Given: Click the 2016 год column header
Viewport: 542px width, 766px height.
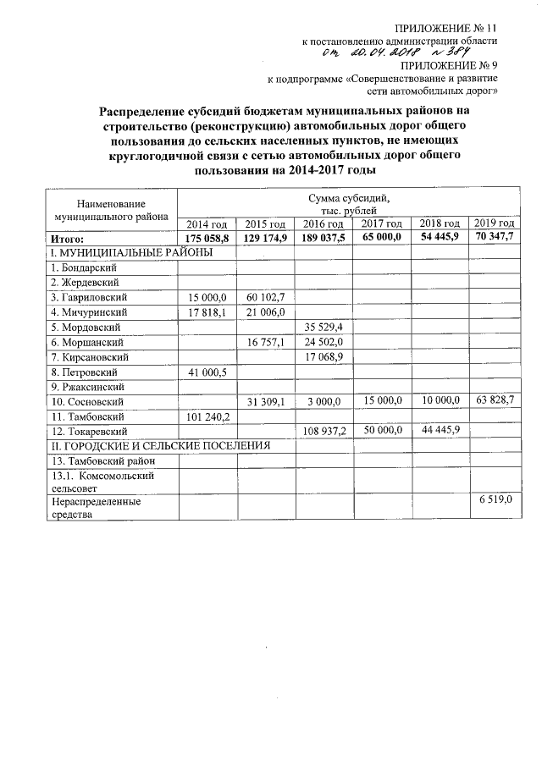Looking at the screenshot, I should tap(323, 223).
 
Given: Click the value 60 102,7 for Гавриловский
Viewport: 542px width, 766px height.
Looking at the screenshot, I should tap(264, 297).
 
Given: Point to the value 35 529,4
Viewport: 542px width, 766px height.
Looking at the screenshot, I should tap(323, 327).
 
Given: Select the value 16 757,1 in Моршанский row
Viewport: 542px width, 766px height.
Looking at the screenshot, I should tap(264, 342).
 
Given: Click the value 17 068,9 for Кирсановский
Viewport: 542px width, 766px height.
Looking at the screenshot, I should tap(323, 356).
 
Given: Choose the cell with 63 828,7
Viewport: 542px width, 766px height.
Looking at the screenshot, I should tap(495, 400).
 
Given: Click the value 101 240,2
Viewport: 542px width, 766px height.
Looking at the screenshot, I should tap(206, 416).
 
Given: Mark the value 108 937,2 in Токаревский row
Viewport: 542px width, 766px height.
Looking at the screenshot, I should tap(322, 431).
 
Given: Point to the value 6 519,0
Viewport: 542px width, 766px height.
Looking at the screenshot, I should tap(495, 501).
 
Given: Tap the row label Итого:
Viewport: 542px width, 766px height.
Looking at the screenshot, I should tap(67, 239).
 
